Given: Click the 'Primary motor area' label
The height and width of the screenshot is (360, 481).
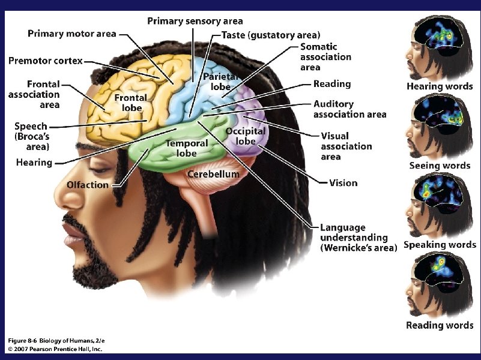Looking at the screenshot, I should (x=71, y=34).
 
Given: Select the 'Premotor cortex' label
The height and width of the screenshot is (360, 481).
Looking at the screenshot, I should (x=45, y=61).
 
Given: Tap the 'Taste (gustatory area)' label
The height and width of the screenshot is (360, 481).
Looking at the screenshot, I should (x=271, y=35).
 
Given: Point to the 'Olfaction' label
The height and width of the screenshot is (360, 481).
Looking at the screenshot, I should (x=88, y=185).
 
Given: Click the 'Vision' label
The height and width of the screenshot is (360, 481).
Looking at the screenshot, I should (x=343, y=183).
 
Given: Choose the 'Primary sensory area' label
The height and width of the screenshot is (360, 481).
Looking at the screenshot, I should (x=195, y=22).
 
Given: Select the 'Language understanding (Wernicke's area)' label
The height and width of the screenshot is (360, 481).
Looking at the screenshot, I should (x=358, y=238).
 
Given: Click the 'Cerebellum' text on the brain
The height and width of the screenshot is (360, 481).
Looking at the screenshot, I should (x=213, y=174).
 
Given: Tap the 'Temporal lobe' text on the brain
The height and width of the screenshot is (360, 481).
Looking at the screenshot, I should (x=187, y=148).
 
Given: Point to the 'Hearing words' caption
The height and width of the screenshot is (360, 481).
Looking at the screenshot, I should (x=440, y=86).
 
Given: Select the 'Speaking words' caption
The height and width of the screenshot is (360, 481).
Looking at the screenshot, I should (x=440, y=245).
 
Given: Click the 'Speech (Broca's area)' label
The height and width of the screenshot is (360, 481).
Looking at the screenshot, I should (x=31, y=136).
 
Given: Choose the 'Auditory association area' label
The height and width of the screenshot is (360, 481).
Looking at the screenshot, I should (x=349, y=109).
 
